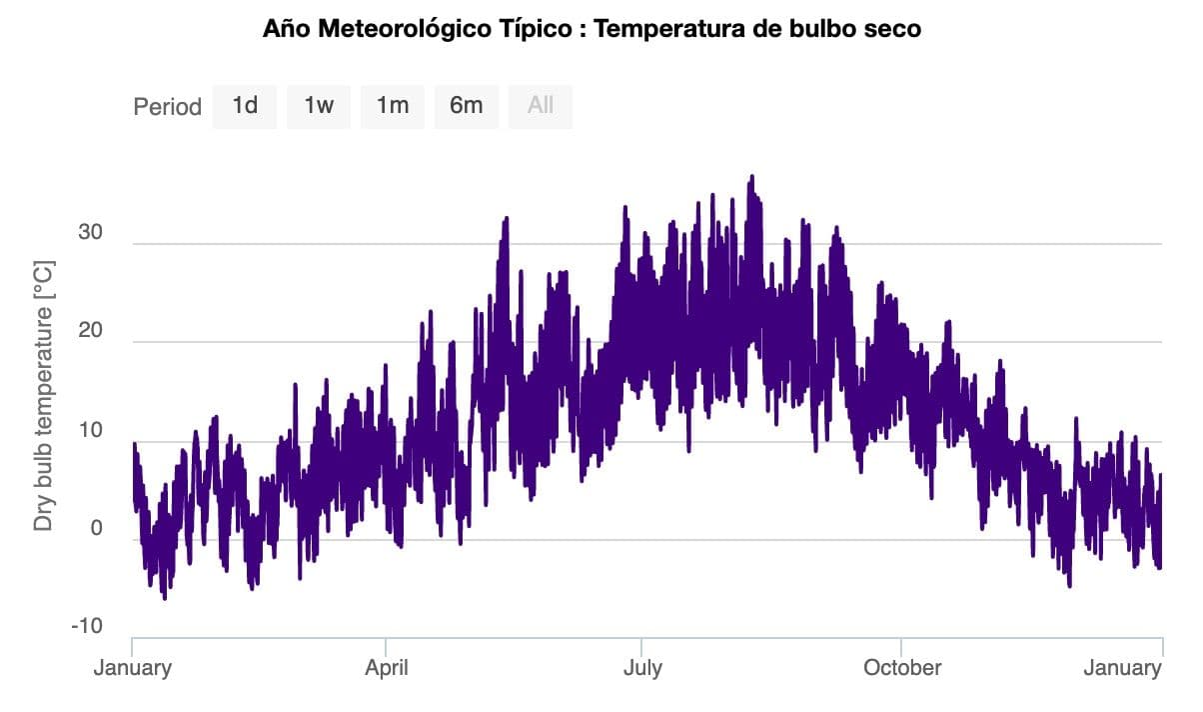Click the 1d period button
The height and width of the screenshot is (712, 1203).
point(245,105)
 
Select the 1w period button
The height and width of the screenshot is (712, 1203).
point(319,105)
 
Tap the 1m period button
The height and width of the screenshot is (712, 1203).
point(393,105)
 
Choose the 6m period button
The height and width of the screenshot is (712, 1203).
point(466,105)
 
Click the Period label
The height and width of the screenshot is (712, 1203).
point(167,106)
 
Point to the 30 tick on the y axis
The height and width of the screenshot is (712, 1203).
point(91,233)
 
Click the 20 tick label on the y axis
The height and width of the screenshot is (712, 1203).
point(91,332)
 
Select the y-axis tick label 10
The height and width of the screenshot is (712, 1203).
point(91,430)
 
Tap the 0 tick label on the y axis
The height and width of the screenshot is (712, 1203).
point(97,528)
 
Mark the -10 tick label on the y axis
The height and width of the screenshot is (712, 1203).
point(86,626)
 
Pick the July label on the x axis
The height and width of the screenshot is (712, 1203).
point(641,668)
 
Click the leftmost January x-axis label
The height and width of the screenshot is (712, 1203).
point(133,668)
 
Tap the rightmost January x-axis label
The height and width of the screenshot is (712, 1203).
point(1122,668)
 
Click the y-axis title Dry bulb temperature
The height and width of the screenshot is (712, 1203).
point(43,396)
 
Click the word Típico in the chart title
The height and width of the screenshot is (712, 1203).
point(546,29)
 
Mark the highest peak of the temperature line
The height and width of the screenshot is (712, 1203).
point(751,178)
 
